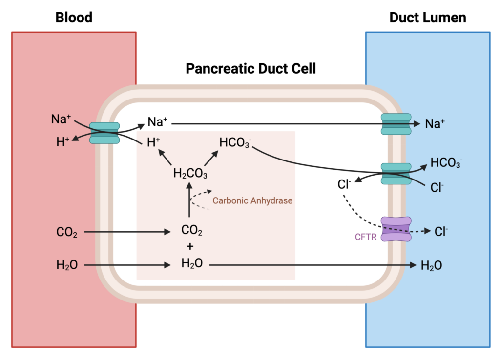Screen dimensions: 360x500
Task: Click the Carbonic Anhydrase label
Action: pos(252,200)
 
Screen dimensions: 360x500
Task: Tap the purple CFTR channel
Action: pos(396,229)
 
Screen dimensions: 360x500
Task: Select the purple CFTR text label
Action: pos(365,238)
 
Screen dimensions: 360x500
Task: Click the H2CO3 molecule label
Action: pos(190,173)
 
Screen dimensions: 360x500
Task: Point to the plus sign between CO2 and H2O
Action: pos(191,247)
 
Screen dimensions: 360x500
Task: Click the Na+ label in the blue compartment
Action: pos(435,124)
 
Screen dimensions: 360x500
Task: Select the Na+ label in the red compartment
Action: pos(61,119)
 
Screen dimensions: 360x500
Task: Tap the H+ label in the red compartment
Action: pos(62,142)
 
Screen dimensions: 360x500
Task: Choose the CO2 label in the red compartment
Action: pos(67,233)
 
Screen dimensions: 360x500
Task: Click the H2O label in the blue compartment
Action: pos(432,265)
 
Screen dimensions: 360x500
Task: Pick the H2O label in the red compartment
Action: pos(67,265)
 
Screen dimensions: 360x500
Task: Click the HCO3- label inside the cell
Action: pos(235,143)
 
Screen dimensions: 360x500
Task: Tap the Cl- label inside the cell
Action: pos(344,185)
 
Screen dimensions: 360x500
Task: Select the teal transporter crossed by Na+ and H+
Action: pos(104,133)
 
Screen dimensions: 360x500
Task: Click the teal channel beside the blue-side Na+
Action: pos(396,124)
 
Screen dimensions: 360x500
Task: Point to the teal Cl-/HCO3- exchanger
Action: pos(396,174)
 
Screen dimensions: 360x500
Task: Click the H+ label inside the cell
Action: pos(154,142)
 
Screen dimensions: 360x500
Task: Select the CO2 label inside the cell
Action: pos(191,230)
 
